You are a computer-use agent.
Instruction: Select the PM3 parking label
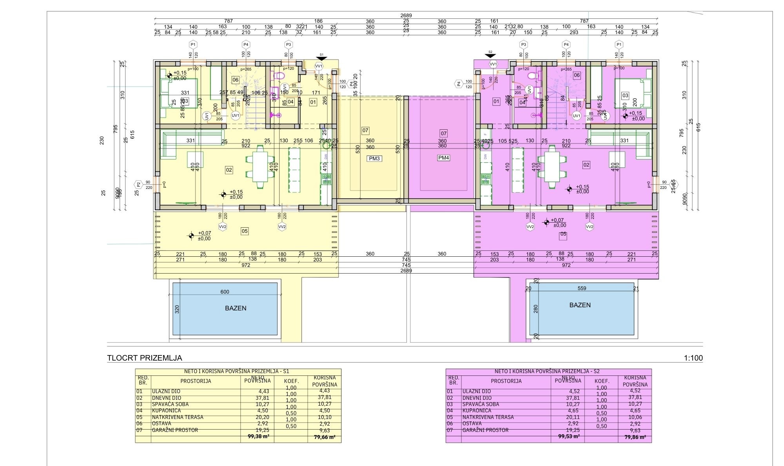pyautogui.click(x=374, y=159)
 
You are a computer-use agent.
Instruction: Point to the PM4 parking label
pyautogui.click(x=444, y=158)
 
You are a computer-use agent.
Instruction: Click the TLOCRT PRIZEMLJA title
pyautogui.click(x=145, y=358)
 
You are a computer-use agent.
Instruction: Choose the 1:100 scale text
pyautogui.click(x=693, y=358)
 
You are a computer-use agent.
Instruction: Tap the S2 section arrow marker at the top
pyautogui.click(x=490, y=55)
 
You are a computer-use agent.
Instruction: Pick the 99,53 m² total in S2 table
pyautogui.click(x=569, y=436)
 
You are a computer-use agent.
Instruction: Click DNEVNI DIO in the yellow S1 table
pyautogui.click(x=167, y=398)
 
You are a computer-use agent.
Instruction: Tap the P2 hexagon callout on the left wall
pyautogui.click(x=138, y=185)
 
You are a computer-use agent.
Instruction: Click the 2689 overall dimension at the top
pyautogui.click(x=406, y=16)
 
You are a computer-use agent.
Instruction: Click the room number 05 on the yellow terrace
pyautogui.click(x=245, y=231)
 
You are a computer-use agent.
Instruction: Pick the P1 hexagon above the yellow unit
pyautogui.click(x=192, y=44)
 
